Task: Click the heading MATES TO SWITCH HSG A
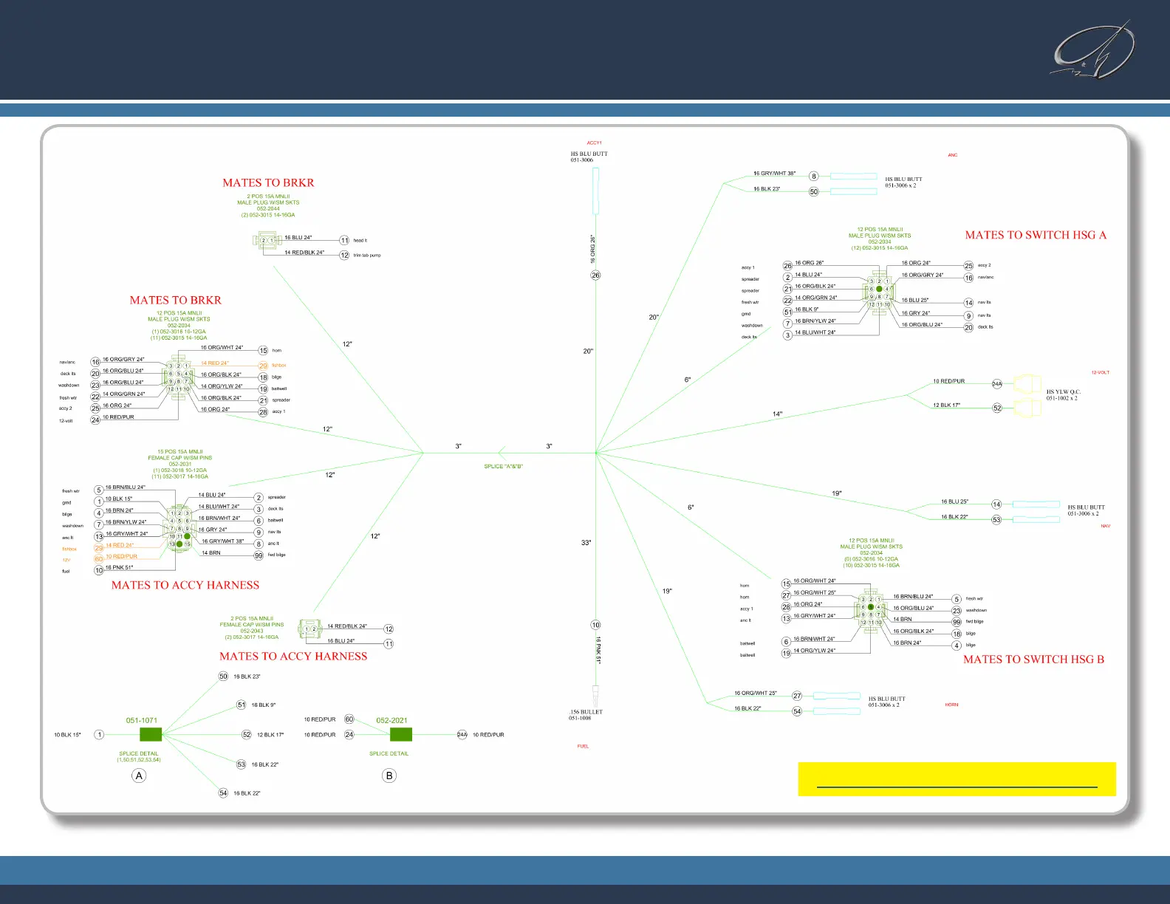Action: click(x=1036, y=235)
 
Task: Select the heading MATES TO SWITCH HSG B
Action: click(x=1033, y=660)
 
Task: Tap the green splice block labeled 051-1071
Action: click(x=151, y=735)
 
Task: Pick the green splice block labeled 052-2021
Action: click(x=400, y=735)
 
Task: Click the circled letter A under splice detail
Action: click(x=139, y=775)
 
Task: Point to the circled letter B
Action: click(x=389, y=775)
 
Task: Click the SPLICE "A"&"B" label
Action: click(x=503, y=467)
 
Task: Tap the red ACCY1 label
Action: click(x=595, y=143)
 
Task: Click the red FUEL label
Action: click(x=583, y=747)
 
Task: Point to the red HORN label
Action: click(x=951, y=705)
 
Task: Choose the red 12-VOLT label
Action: click(x=1100, y=372)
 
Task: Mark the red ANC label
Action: click(x=952, y=155)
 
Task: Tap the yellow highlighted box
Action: click(x=957, y=779)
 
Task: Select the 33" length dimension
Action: click(x=586, y=543)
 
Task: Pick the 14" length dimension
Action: click(x=777, y=414)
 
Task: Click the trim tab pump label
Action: click(x=367, y=256)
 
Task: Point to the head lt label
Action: click(x=360, y=241)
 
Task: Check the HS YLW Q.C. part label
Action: click(x=1063, y=395)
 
